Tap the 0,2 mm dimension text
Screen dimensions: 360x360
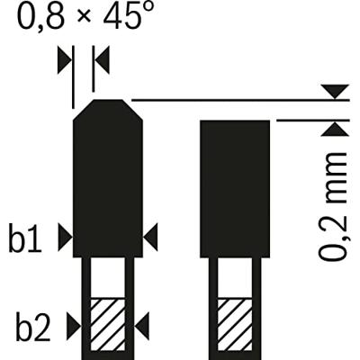tap(332, 206)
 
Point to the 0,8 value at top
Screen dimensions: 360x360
tap(41, 15)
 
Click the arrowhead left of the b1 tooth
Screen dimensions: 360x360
tap(65, 237)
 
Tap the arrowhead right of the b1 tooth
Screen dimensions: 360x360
tap(150, 237)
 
